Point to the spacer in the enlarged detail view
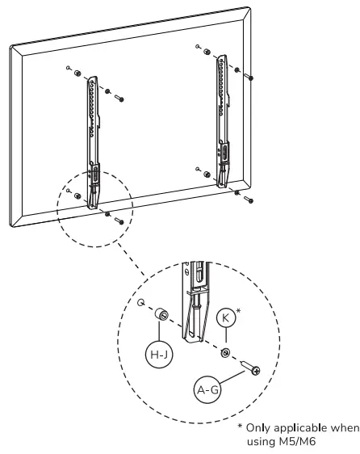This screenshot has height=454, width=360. pos(161,314)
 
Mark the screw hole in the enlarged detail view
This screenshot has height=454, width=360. pos(141,304)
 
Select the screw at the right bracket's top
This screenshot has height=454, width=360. pos(253,78)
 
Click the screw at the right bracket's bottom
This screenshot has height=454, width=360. pos(250,199)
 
